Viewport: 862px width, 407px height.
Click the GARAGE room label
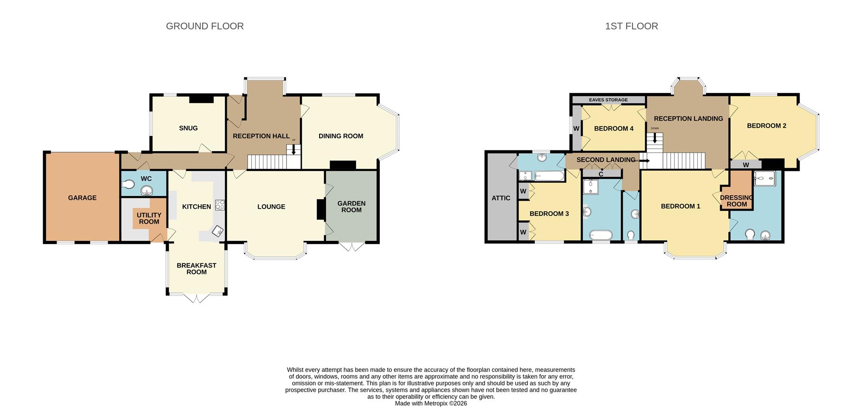pos(82,198)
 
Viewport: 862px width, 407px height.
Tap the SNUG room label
pos(188,128)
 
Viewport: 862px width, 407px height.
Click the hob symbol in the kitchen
pos(220,205)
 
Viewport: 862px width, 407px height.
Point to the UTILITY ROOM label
pos(149,219)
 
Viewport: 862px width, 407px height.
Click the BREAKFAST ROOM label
pos(196,269)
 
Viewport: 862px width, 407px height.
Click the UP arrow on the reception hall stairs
pos(294,150)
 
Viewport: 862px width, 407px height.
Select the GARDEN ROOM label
pos(351,207)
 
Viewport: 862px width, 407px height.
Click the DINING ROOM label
pos(341,136)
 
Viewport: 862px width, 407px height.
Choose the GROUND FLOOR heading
pos(205,26)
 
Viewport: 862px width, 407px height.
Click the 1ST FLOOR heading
pos(631,26)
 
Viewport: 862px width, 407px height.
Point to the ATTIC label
pos(501,198)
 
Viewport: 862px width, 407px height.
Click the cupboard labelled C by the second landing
pos(601,174)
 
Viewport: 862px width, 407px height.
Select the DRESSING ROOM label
pos(737,201)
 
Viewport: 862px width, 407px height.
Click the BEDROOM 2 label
pos(766,126)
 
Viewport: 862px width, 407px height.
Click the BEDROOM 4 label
pos(613,129)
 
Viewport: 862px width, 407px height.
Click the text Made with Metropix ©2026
pos(431,403)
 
